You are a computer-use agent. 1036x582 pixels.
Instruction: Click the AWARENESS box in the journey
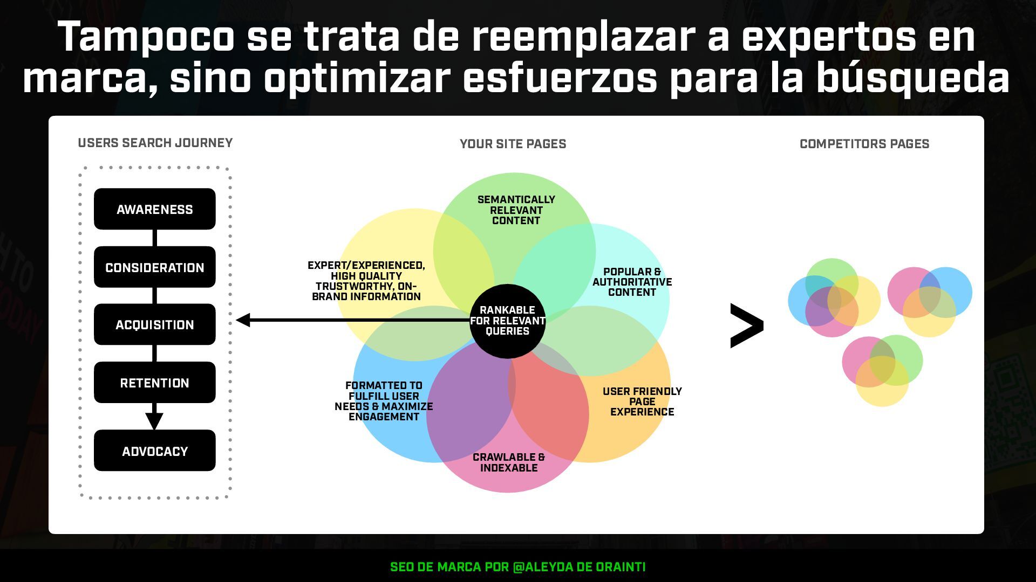(154, 209)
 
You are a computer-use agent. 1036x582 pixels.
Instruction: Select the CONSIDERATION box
(154, 267)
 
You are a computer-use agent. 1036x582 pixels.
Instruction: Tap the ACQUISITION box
(154, 324)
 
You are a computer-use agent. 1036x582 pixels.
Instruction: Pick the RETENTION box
(154, 383)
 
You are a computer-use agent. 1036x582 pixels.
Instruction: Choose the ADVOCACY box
(154, 451)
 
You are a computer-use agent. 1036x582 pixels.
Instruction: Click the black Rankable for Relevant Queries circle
(507, 321)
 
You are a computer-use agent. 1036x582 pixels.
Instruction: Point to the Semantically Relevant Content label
(516, 210)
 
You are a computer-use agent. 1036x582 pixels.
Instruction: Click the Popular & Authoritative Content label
(632, 282)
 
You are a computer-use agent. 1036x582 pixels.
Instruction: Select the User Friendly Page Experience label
(642, 401)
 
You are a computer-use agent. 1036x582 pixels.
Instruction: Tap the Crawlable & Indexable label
(509, 462)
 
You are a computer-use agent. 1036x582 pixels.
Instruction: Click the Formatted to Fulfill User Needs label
(384, 401)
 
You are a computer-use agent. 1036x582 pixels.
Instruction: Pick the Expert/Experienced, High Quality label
(366, 281)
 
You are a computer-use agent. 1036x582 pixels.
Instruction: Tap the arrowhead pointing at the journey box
(243, 320)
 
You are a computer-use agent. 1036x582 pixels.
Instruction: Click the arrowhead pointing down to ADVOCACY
(154, 420)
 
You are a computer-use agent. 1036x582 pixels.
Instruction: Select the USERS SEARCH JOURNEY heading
(155, 143)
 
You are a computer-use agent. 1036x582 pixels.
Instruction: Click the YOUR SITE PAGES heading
(513, 144)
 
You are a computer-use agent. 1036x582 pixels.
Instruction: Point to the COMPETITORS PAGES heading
(864, 144)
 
